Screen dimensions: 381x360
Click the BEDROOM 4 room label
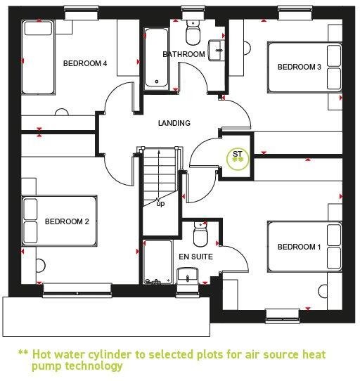coord(85,63)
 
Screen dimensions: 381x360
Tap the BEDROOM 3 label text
coord(299,67)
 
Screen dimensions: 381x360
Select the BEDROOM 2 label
coord(67,221)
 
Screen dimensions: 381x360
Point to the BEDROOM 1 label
coord(299,247)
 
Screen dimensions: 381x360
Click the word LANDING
coord(174,123)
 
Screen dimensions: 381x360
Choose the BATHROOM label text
coord(184,54)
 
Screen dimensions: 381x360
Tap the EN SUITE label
coord(195,257)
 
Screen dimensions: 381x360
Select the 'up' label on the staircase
coord(160,204)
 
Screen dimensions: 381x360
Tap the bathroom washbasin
coord(217,49)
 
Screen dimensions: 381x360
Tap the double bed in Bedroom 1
coord(303,247)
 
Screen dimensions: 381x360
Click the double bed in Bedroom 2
coord(58,221)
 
